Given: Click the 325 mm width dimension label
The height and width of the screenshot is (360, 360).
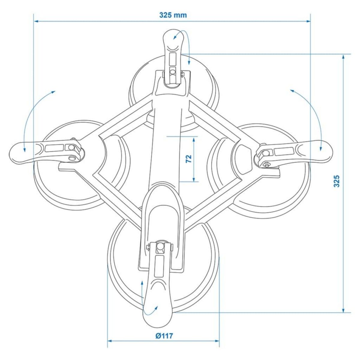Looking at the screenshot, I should click(173, 15).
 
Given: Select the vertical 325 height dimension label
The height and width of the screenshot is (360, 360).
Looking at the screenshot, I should click(337, 181).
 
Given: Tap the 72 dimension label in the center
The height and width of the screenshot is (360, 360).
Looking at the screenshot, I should click(189, 159).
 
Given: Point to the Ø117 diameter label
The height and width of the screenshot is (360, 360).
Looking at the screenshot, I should click(164, 336).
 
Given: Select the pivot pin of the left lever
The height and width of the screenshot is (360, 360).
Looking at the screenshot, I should click(71, 147).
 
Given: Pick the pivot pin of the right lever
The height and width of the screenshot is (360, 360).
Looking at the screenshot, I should click(265, 153).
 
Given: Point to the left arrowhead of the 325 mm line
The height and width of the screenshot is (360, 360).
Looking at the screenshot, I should click(35, 21).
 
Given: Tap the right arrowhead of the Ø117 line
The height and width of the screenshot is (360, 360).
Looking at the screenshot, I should click(217, 341).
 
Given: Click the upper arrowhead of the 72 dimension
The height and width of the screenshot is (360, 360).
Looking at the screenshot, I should click(195, 139).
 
